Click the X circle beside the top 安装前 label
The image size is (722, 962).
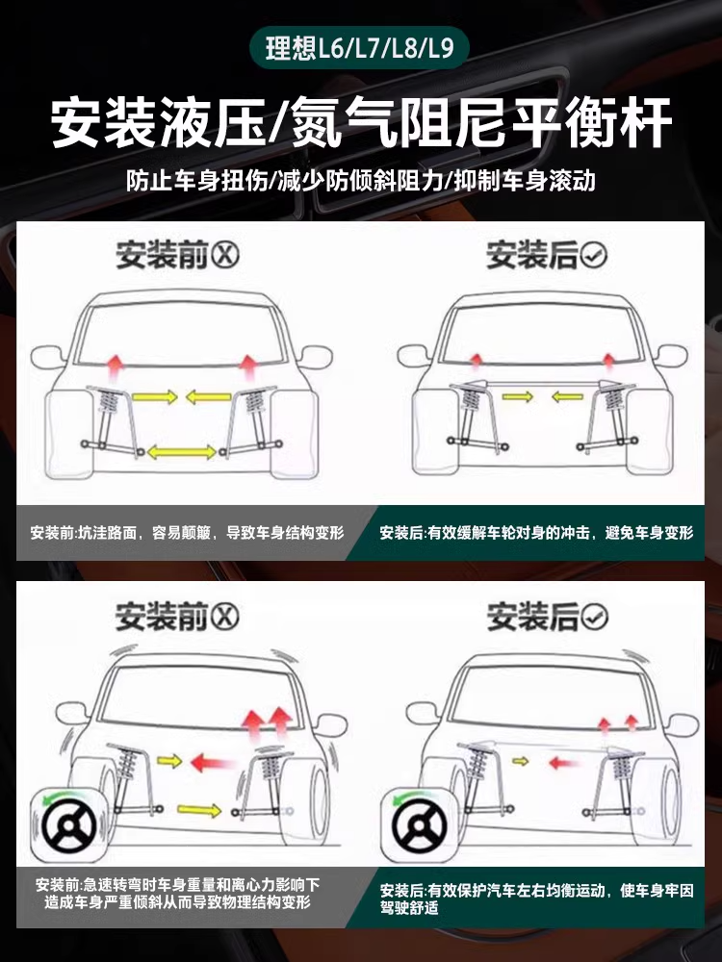[224, 255]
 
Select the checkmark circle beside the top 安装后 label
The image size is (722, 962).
[593, 255]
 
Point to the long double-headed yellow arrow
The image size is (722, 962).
[181, 453]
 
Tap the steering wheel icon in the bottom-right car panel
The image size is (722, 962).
[420, 824]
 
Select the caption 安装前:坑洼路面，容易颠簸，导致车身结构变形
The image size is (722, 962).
[188, 533]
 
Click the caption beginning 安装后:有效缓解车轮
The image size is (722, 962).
[536, 533]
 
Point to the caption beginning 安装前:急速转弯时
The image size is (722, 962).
[177, 894]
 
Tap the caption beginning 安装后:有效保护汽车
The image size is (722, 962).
[536, 899]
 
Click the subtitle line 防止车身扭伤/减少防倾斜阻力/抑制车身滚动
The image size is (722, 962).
[361, 181]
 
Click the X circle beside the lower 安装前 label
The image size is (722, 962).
[224, 616]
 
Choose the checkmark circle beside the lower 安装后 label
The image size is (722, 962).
[593, 616]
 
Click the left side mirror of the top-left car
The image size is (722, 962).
[46, 357]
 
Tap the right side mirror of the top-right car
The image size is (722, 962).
[671, 356]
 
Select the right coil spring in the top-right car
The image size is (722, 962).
[613, 399]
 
